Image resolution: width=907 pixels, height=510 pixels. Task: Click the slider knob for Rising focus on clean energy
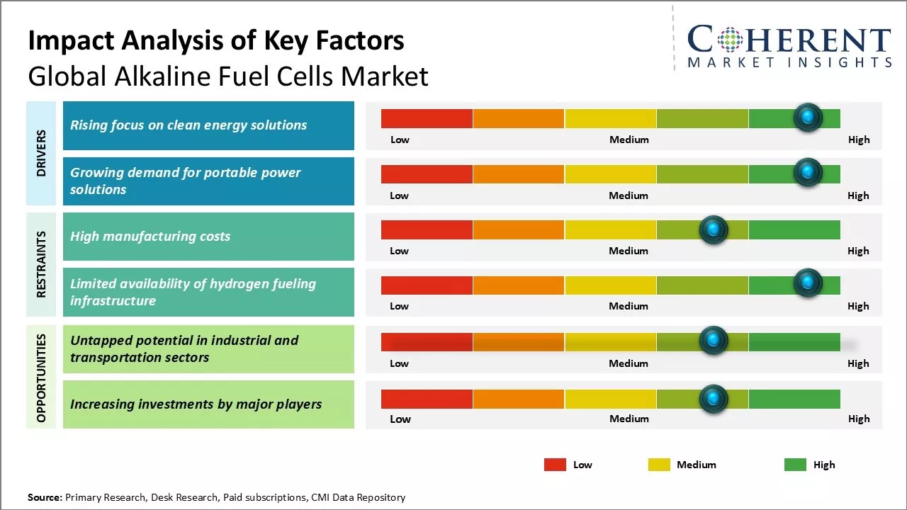coord(807,118)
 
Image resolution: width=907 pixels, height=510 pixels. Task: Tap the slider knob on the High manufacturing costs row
coord(714,229)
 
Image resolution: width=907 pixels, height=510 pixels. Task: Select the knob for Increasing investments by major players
coord(714,399)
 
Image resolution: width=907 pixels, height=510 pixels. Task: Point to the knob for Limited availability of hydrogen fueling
coord(807,283)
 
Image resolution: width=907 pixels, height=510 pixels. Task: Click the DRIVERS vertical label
coord(41,153)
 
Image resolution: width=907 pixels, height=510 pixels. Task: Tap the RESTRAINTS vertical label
coord(41,264)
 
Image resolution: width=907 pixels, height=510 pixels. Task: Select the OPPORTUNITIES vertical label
coord(41,378)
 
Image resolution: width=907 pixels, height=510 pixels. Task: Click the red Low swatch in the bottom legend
coord(555,465)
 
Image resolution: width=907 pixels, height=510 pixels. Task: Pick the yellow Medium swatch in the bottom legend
coord(659,465)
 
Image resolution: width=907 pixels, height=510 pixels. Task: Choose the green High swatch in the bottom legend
coord(795,465)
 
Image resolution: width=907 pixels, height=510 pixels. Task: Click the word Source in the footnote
coord(44,498)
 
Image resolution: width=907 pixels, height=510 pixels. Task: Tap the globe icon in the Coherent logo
coord(731,40)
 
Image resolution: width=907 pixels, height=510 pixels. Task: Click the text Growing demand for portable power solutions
coord(186,181)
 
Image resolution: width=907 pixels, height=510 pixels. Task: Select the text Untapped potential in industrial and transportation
coord(184,348)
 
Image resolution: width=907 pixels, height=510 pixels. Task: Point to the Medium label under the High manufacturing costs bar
coord(629,251)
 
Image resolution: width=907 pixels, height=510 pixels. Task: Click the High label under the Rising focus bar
coord(859,140)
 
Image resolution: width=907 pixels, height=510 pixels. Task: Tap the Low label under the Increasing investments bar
coord(400,419)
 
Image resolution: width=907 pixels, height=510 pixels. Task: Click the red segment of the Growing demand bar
coord(427,174)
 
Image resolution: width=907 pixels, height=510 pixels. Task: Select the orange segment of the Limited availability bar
coord(519,285)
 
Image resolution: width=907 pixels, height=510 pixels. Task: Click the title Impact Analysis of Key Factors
coord(216,40)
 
